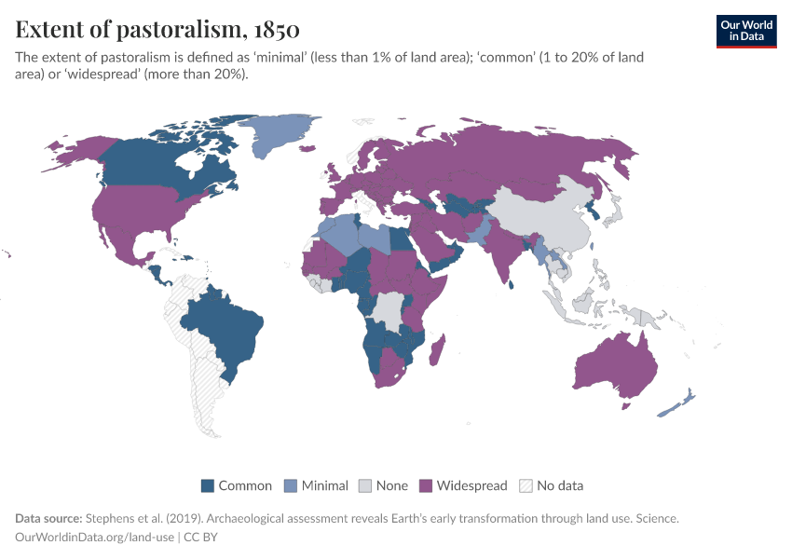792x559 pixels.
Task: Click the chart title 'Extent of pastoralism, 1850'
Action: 157,30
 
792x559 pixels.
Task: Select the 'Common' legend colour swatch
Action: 208,485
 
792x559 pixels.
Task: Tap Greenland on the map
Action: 284,135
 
